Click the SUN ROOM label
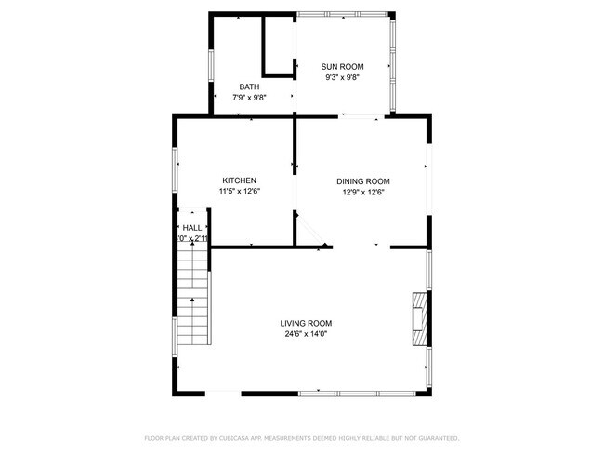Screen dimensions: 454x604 tap(342, 67)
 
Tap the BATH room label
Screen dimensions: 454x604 tap(248, 87)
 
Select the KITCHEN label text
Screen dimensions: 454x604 tap(239, 180)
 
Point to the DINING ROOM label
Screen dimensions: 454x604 tap(362, 181)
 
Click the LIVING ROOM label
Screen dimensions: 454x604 tap(306, 324)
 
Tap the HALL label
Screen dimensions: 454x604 tap(192, 228)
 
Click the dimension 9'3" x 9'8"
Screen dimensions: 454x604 tap(342, 78)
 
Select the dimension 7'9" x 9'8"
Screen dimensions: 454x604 tap(248, 97)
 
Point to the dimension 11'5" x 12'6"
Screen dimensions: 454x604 tap(239, 192)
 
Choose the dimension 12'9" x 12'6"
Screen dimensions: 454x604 tap(362, 193)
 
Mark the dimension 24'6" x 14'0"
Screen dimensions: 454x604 tap(306, 334)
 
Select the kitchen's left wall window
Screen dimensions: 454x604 tap(176, 170)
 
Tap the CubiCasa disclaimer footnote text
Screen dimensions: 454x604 tap(301, 437)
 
